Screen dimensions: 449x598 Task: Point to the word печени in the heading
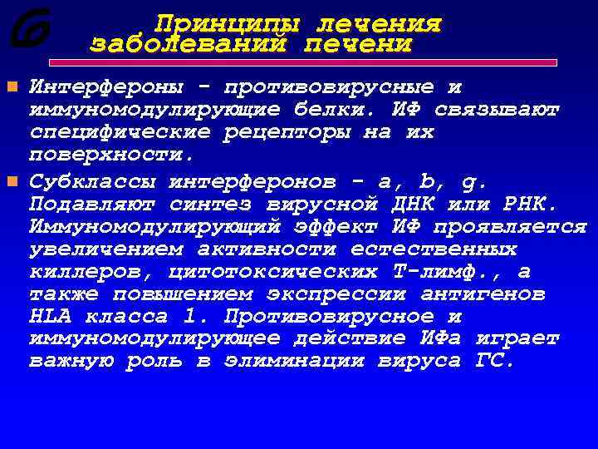358,43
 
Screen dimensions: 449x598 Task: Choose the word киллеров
91,272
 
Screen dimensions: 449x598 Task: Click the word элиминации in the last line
297,362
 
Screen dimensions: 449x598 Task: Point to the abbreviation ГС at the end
494,362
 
